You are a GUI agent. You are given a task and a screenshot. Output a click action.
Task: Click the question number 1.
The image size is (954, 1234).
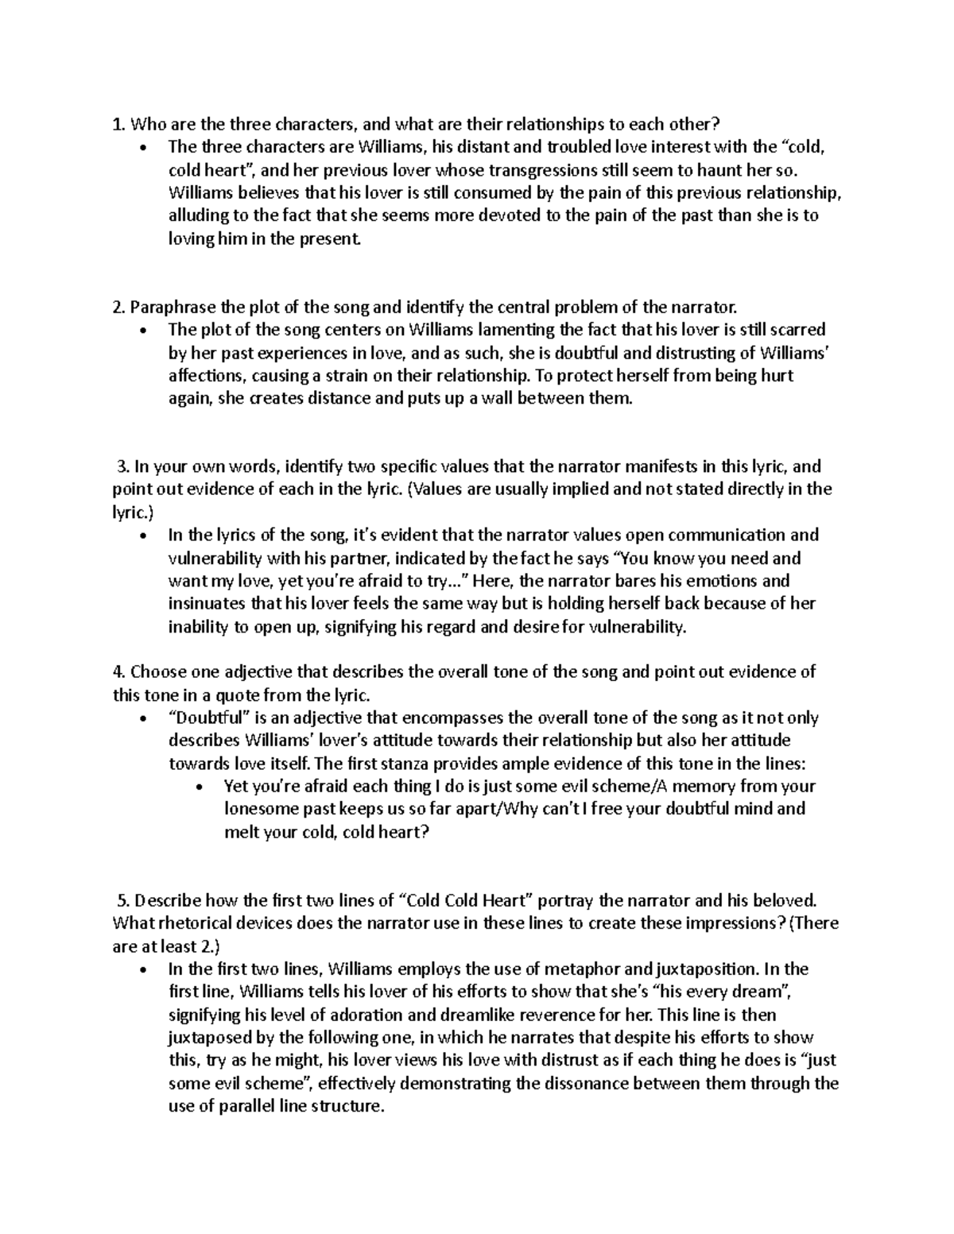click(118, 124)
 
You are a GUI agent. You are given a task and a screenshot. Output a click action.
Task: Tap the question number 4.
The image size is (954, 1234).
click(118, 672)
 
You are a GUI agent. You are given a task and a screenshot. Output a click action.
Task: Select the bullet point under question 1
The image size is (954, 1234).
click(142, 148)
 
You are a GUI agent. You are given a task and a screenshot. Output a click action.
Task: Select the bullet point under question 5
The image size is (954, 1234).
click(142, 970)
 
